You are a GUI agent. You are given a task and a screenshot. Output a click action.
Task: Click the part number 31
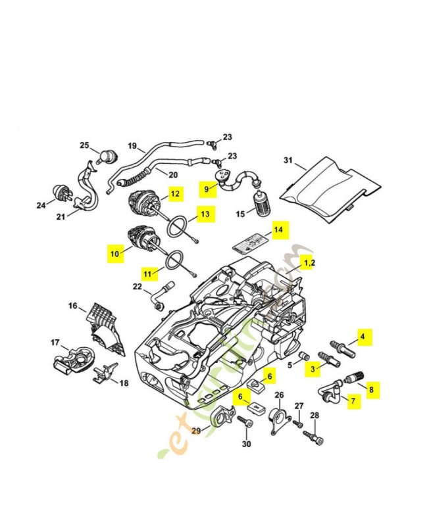pyautogui.click(x=288, y=160)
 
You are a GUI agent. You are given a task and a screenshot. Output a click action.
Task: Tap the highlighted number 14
pyautogui.click(x=278, y=231)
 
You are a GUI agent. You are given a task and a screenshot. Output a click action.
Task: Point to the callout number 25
pyautogui.click(x=84, y=145)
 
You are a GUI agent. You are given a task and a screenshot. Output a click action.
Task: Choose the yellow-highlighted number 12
pyautogui.click(x=174, y=193)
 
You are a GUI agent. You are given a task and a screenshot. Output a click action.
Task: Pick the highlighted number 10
pyautogui.click(x=114, y=252)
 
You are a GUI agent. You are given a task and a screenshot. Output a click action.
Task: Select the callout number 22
pyautogui.click(x=137, y=286)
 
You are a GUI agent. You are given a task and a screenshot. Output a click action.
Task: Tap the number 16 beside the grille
pyautogui.click(x=73, y=306)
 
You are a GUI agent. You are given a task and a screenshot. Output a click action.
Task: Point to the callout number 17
pyautogui.click(x=55, y=342)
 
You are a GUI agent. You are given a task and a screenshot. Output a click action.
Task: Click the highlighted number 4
pyautogui.click(x=362, y=336)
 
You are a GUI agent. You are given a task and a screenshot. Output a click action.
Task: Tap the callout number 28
pyautogui.click(x=314, y=415)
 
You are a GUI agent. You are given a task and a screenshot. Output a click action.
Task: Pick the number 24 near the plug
pyautogui.click(x=41, y=205)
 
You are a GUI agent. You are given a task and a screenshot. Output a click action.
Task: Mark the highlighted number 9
pyautogui.click(x=207, y=189)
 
